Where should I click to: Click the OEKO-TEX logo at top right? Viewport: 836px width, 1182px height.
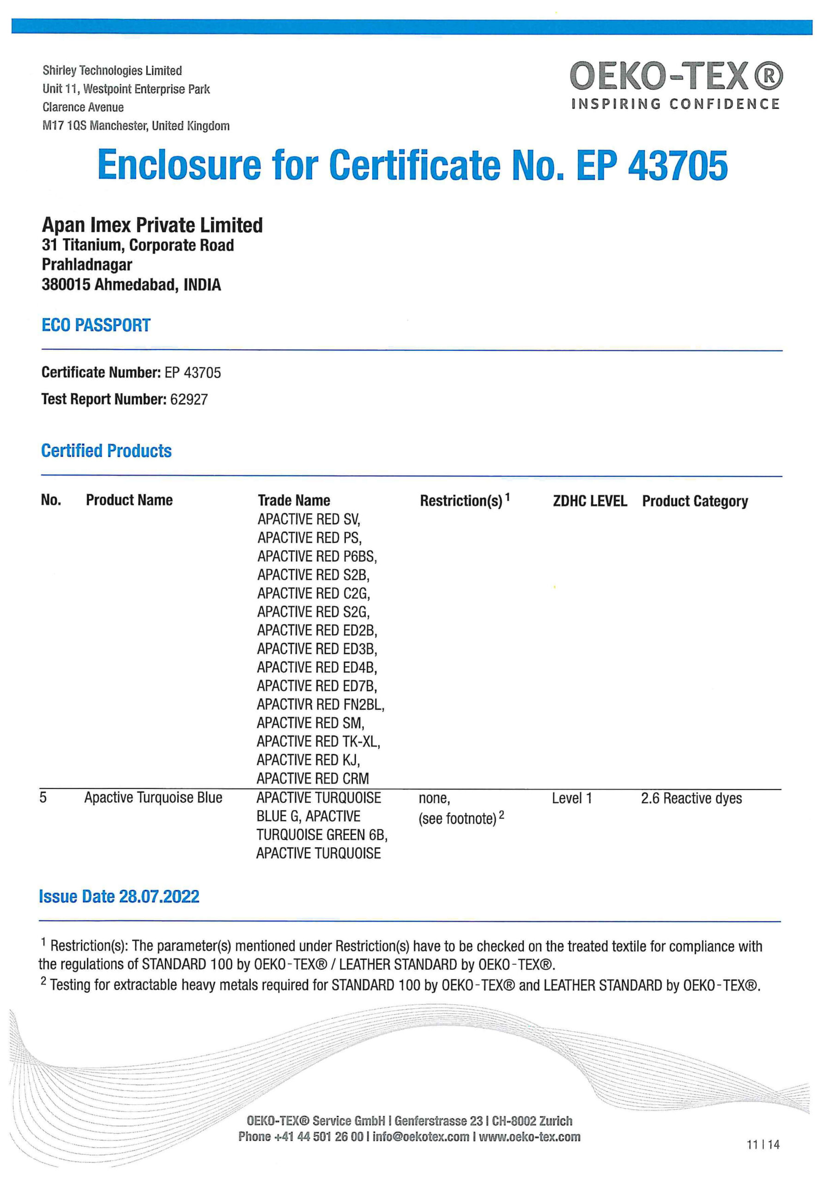coord(676,76)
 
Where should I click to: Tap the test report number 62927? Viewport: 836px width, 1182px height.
coord(189,399)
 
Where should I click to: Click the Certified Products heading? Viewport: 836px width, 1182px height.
coord(106,451)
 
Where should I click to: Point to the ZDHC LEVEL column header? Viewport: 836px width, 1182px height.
coord(590,501)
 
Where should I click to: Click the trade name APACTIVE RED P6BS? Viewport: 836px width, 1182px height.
coord(317,556)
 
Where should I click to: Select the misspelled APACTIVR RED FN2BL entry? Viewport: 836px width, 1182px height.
coord(321,704)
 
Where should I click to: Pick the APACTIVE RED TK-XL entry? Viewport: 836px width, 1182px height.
coord(318,742)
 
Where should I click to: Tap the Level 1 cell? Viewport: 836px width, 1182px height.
coord(572,798)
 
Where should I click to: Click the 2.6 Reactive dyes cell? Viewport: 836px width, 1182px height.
coord(691,798)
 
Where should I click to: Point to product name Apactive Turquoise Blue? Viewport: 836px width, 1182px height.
coord(153,798)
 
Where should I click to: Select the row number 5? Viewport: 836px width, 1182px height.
coord(43,798)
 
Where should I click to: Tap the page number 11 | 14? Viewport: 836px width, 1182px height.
coord(763,1145)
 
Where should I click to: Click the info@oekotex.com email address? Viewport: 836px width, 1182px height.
coord(421,1137)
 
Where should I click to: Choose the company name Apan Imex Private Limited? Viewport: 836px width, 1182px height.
coord(152,225)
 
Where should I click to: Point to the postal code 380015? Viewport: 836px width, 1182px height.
coord(66,285)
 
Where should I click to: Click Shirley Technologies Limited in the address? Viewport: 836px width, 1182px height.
coord(112,71)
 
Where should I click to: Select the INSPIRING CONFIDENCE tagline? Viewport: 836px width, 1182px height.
coord(675,104)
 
